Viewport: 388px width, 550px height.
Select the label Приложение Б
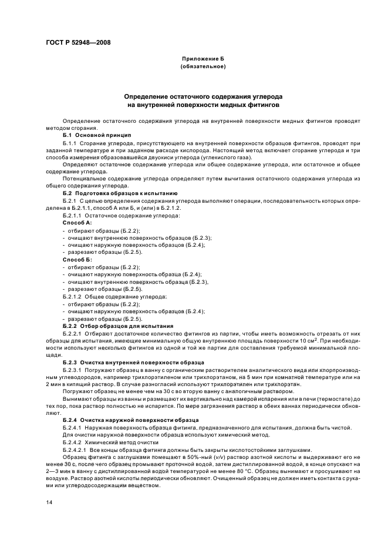click(x=203, y=60)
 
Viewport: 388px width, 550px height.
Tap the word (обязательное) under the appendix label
click(x=203, y=68)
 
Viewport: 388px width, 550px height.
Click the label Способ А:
click(x=77, y=223)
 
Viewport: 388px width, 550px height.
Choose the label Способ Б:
click(x=77, y=259)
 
